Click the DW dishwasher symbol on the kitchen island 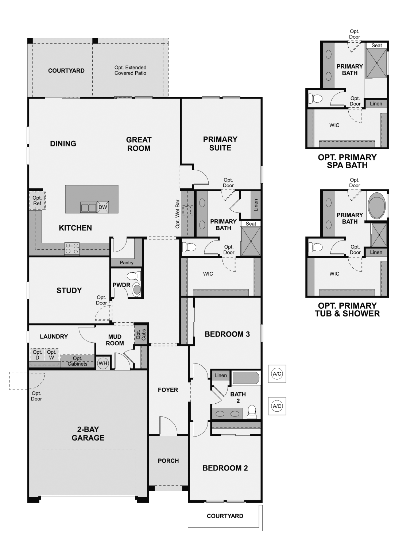(103, 207)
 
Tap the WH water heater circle (103, 363)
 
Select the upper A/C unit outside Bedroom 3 (277, 374)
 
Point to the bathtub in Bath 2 (246, 378)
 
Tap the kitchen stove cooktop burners (72, 249)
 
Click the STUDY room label (69, 291)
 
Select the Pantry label (127, 262)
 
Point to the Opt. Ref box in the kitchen (37, 201)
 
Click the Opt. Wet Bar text (178, 214)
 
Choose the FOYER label (168, 390)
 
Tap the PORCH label (168, 461)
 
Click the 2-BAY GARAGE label (88, 433)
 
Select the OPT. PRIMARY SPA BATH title (347, 161)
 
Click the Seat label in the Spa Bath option (377, 45)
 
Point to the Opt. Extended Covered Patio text (130, 70)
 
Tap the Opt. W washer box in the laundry (51, 355)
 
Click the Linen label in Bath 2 (220, 375)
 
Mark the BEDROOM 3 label (227, 334)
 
